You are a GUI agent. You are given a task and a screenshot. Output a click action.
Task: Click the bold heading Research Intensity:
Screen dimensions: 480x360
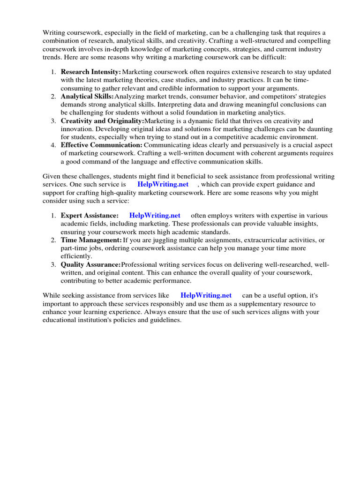[x=91, y=72]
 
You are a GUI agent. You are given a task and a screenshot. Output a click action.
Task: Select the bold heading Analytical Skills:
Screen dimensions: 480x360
[x=87, y=96]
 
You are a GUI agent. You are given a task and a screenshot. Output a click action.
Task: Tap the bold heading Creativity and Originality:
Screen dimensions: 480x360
[x=102, y=120]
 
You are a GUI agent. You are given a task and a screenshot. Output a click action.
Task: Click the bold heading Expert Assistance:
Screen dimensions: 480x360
[x=90, y=215]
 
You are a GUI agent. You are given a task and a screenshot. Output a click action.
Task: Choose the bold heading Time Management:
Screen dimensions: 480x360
[x=91, y=240]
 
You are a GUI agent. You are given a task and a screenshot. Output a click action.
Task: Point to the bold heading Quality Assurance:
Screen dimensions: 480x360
[x=90, y=265]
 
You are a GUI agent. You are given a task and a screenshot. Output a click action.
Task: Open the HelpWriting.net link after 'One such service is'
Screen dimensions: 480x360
[x=163, y=184]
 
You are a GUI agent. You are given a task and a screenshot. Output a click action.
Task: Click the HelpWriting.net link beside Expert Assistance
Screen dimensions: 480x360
[x=155, y=215]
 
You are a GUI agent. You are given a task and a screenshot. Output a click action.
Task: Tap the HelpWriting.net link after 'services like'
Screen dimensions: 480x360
[x=206, y=295]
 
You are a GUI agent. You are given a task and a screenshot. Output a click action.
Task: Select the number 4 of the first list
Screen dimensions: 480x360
[x=53, y=145]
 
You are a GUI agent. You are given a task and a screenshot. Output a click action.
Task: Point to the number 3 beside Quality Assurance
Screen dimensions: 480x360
[x=53, y=265]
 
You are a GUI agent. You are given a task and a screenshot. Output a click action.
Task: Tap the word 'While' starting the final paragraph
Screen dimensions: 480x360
[x=52, y=295]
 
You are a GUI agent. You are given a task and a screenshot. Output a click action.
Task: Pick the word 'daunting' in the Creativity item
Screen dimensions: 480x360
[x=320, y=129]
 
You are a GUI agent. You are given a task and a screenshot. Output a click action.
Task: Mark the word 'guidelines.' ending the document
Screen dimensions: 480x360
[x=164, y=320]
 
